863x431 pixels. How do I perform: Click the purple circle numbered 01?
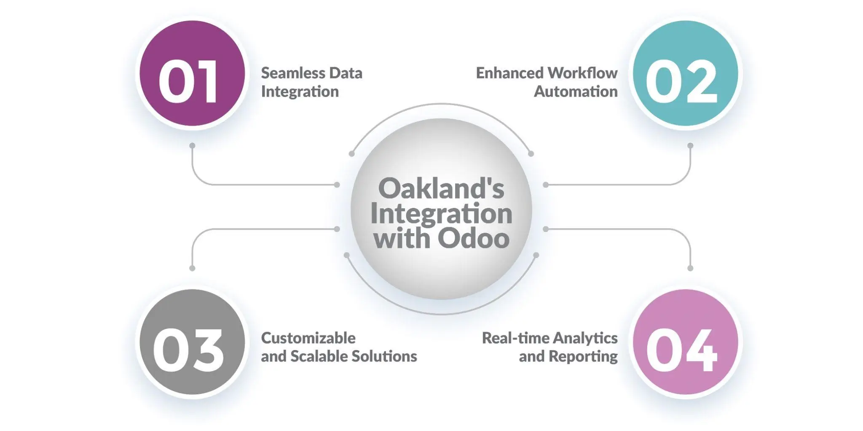click(x=192, y=73)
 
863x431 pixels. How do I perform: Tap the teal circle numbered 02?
click(x=685, y=73)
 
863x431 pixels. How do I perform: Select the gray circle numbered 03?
click(x=192, y=342)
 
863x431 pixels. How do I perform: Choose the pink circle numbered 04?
click(x=685, y=342)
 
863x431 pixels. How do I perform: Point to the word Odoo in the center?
click(x=473, y=239)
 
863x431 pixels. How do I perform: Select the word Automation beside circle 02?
click(x=576, y=92)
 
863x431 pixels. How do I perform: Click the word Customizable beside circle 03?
click(x=308, y=338)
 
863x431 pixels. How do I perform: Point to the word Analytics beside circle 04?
click(x=585, y=338)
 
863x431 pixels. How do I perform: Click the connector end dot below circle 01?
click(x=192, y=145)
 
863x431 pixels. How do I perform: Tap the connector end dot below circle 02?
click(x=690, y=145)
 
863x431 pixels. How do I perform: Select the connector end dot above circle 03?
click(x=192, y=268)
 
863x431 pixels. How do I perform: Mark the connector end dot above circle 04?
click(x=690, y=268)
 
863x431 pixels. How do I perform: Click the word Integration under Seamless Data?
click(x=300, y=92)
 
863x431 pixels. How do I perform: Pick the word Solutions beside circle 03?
click(x=384, y=356)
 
